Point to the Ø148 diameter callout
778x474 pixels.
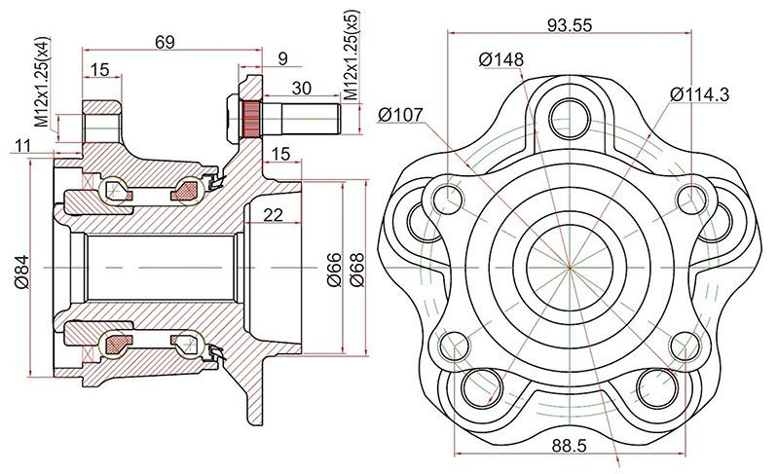[501, 59]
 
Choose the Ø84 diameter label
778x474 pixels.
[21, 268]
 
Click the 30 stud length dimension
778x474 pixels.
[302, 88]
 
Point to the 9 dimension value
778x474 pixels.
[282, 59]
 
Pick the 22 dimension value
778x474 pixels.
[273, 215]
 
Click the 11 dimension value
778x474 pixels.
[23, 145]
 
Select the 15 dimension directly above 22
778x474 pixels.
[280, 154]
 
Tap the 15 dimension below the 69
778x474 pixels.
[99, 68]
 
